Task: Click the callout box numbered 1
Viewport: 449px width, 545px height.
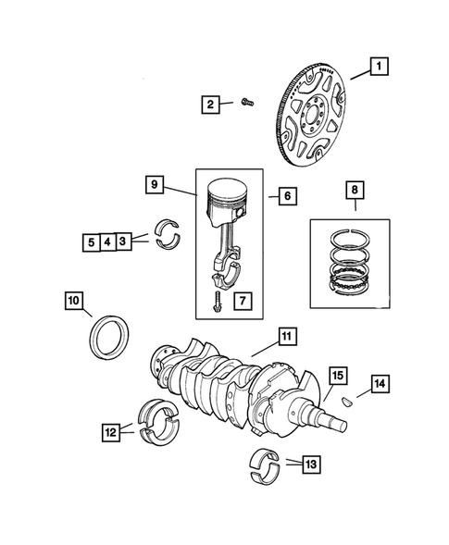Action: pos(380,66)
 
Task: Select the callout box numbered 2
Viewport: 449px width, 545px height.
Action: pos(212,105)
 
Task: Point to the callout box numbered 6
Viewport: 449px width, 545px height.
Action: pos(285,195)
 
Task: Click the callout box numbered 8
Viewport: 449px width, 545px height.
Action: pos(354,191)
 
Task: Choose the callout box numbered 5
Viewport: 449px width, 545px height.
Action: pos(91,243)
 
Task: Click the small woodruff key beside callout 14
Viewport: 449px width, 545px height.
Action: pos(348,401)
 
